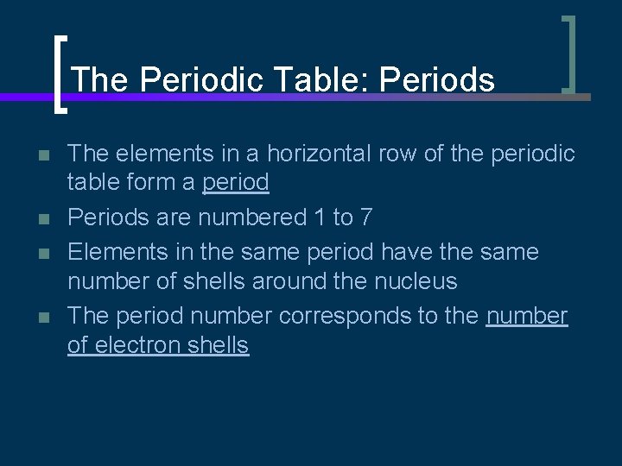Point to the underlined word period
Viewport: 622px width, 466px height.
pyautogui.click(x=235, y=183)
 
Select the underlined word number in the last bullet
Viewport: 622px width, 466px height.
pyautogui.click(x=527, y=316)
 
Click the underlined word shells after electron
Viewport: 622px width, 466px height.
pyautogui.click(x=218, y=345)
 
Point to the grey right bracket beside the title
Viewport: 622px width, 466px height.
pyautogui.click(x=568, y=54)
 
